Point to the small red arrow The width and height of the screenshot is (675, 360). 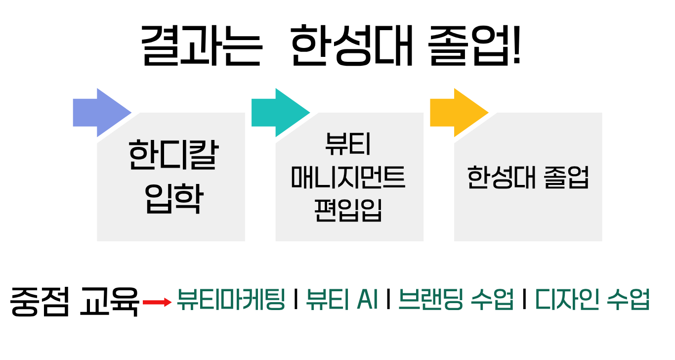tap(157, 302)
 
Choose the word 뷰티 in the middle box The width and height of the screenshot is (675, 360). tap(348, 145)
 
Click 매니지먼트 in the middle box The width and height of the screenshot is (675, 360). tap(348, 178)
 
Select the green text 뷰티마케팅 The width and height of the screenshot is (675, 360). tap(231, 300)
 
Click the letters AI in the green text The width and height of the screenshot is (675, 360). tap(366, 300)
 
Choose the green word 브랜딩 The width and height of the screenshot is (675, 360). tap(428, 300)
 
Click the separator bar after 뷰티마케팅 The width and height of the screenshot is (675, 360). tap(295, 300)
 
